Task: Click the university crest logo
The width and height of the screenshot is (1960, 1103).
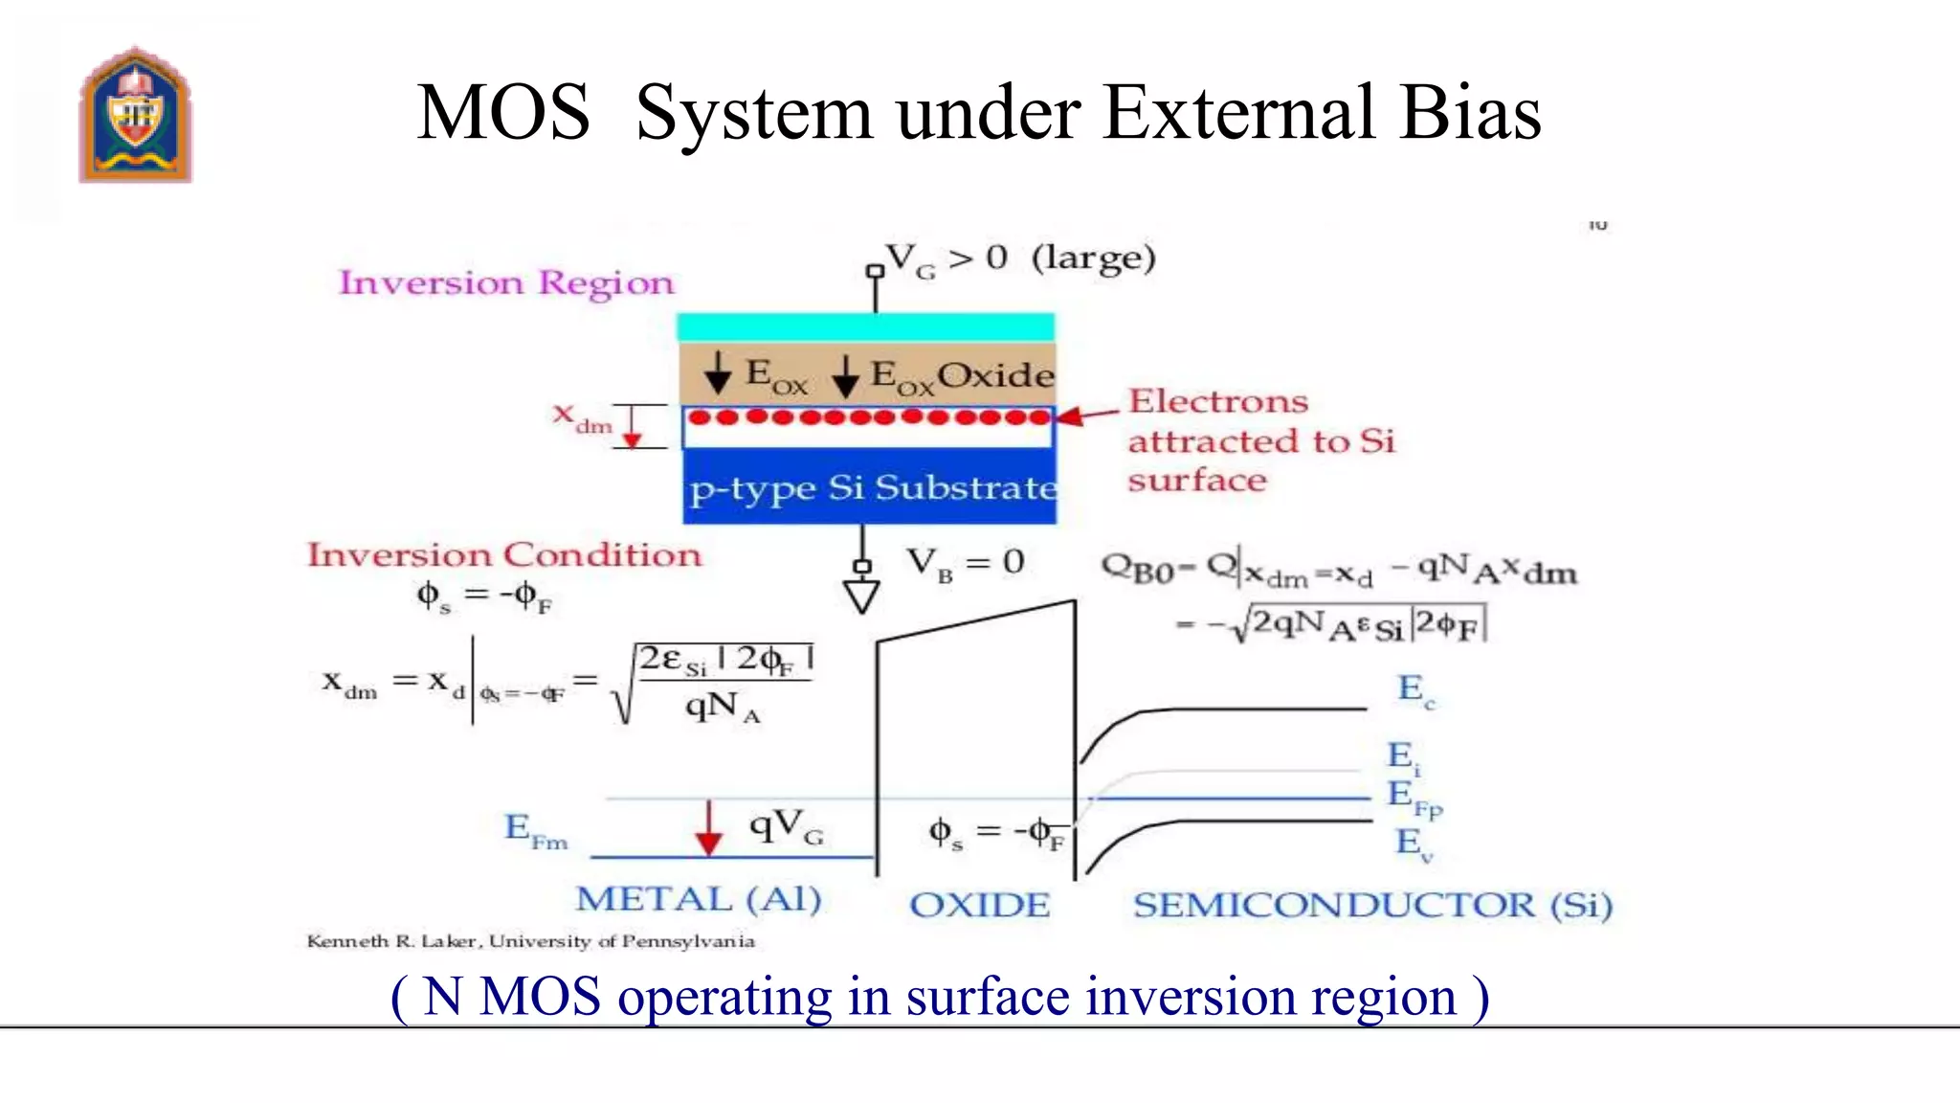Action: [x=136, y=115]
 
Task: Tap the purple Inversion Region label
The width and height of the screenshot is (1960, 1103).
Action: [x=506, y=282]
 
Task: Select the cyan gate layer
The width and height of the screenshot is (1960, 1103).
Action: [x=865, y=327]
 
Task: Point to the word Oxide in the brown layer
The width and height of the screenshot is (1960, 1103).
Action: [x=995, y=374]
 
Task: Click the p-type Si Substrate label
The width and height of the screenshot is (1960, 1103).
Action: [x=872, y=488]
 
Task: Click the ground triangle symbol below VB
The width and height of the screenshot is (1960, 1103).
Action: [x=861, y=597]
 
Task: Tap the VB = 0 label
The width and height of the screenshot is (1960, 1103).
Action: [x=965, y=562]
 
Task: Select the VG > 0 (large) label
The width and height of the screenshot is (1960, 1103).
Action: [x=1020, y=259]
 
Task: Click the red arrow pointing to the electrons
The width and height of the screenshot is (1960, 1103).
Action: [x=1087, y=416]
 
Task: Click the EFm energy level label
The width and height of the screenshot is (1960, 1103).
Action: [x=536, y=830]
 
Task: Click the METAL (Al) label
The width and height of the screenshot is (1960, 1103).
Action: [x=698, y=899]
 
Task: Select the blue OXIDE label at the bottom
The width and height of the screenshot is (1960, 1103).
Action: [x=979, y=905]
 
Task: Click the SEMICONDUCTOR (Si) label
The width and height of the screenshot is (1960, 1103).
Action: [x=1371, y=905]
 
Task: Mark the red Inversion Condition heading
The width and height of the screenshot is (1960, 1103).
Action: [x=503, y=555]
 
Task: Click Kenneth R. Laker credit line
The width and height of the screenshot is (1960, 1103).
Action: [x=530, y=941]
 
